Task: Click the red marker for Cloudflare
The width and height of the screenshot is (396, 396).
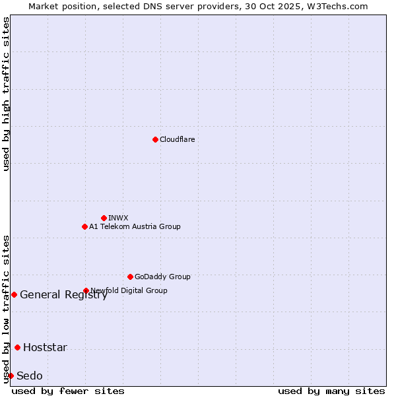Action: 155,139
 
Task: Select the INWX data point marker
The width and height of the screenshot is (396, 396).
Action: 104,218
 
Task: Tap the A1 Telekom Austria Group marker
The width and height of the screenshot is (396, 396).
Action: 84,226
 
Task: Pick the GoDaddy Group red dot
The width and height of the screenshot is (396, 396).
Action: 130,277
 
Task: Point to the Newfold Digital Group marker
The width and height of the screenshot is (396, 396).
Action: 86,290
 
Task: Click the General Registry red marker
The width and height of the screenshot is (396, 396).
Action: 14,294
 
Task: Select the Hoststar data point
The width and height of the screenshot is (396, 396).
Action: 17,347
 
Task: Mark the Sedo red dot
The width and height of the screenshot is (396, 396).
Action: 11,376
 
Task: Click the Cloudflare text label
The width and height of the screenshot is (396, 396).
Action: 177,139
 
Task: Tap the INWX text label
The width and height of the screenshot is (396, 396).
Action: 118,218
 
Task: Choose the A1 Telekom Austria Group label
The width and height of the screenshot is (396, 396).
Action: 135,226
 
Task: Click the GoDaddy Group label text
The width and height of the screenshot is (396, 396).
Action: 162,277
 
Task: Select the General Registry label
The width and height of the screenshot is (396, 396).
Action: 63,295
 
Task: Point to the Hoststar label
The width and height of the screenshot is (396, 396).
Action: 45,348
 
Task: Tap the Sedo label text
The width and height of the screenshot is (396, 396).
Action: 29,376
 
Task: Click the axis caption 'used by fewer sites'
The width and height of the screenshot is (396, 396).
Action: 68,391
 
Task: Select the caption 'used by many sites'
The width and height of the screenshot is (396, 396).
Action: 331,391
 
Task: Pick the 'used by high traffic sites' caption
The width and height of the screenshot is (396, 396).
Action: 6,94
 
